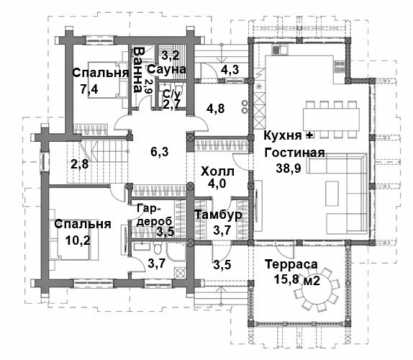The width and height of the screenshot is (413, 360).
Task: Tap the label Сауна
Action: coord(166,69)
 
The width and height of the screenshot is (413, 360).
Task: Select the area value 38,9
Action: coord(289,168)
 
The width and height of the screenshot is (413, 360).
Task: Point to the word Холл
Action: coord(217,171)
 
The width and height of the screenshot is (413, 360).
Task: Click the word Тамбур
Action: coord(218,215)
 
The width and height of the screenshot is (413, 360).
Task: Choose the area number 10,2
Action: coord(78,240)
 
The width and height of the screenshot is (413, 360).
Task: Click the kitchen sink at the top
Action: coord(281,50)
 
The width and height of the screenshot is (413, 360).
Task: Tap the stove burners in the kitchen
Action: coord(340,66)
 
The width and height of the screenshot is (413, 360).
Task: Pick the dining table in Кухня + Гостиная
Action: coord(332,120)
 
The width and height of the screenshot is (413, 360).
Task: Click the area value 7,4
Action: coord(89,89)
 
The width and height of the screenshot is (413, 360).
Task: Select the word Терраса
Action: coord(291,264)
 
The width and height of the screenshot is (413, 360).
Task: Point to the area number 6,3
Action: coord(160,152)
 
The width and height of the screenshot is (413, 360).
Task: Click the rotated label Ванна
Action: coord(137,70)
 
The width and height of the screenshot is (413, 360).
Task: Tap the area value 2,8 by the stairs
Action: coord(80,164)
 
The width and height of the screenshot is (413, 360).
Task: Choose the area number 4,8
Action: coord(215,109)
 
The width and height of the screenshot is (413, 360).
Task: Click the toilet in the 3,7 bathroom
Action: coord(158,248)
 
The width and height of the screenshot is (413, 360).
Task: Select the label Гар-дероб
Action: coord(155,215)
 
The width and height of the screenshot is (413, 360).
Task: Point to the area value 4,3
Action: coord(230,70)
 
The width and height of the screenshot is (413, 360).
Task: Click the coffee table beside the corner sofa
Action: coord(332,194)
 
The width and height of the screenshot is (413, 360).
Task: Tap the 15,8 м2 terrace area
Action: coord(297,279)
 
